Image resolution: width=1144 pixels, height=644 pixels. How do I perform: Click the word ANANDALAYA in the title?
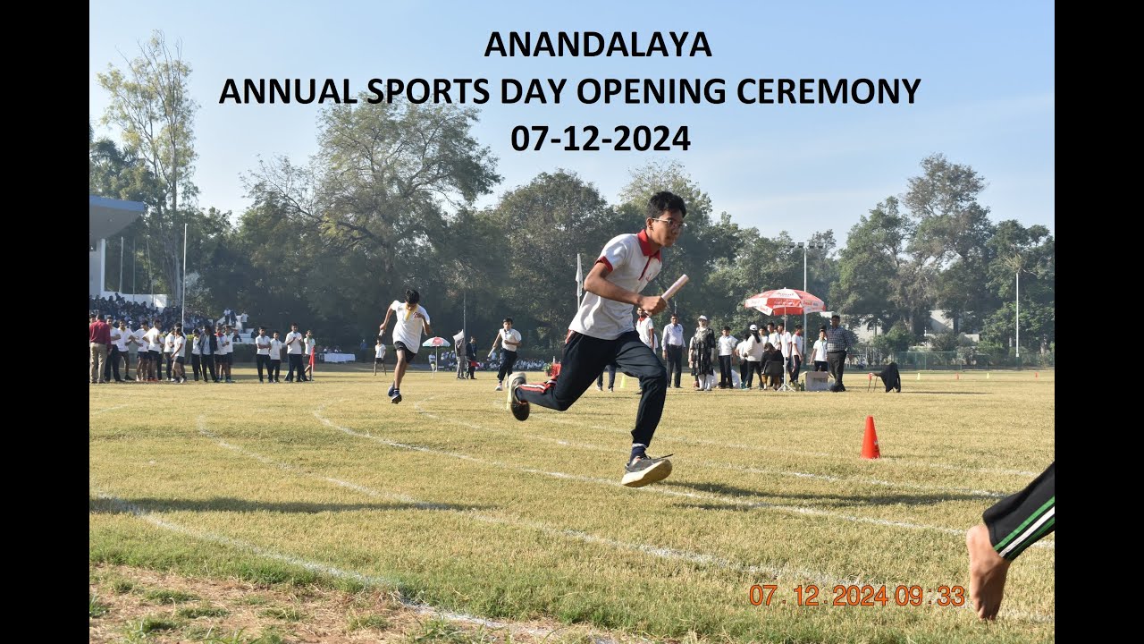(597, 45)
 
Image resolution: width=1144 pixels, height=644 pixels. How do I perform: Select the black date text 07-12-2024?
(601, 139)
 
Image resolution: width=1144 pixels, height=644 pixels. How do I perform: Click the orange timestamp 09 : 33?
(930, 596)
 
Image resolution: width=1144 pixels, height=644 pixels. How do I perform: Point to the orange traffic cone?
(870, 438)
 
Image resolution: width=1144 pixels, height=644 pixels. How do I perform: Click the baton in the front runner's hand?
(674, 287)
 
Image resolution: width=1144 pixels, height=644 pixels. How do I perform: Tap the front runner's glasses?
(669, 223)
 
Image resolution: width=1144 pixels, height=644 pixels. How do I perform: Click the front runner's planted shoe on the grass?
(646, 470)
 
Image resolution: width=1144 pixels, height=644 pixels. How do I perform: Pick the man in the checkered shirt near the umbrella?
(837, 350)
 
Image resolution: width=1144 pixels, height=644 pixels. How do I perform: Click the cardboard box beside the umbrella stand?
(816, 380)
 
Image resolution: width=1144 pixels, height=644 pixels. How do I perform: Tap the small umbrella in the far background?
(436, 342)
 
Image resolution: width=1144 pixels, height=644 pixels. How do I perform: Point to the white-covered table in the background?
(338, 357)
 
